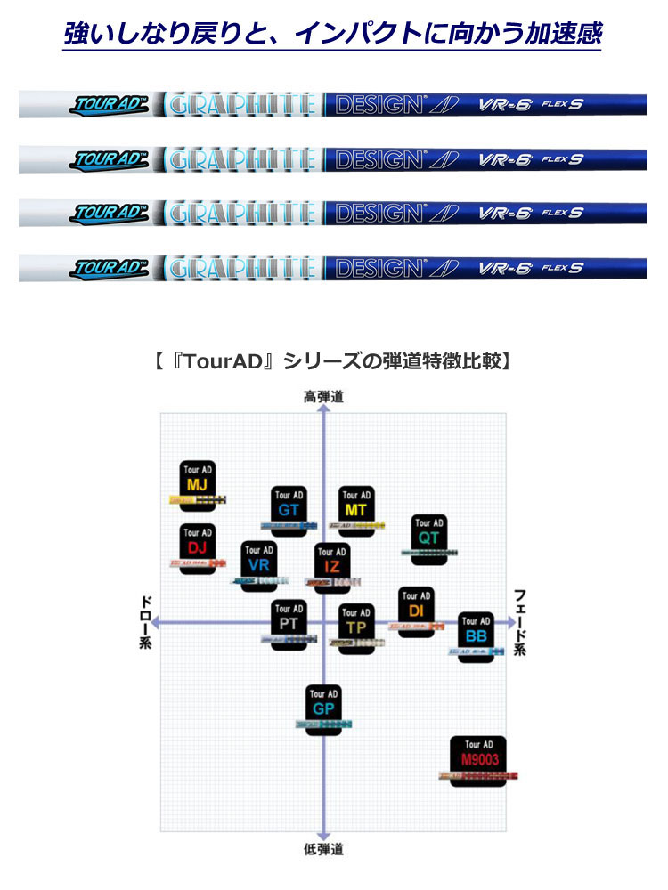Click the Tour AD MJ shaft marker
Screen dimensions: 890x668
coord(197,481)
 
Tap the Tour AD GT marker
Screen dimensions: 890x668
coord(289,506)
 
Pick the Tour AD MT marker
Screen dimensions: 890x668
coord(355,506)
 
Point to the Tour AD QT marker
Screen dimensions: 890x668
coord(428,534)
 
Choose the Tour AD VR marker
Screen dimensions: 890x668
coord(258,562)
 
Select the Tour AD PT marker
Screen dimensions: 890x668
coord(289,621)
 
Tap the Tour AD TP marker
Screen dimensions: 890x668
coord(355,624)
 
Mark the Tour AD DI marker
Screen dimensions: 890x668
coord(416,608)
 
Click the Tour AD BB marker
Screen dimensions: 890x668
coord(476,633)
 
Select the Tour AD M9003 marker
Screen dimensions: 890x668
coord(479,756)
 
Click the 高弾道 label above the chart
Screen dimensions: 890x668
coord(323,397)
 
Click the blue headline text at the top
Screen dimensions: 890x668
coord(333,34)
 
